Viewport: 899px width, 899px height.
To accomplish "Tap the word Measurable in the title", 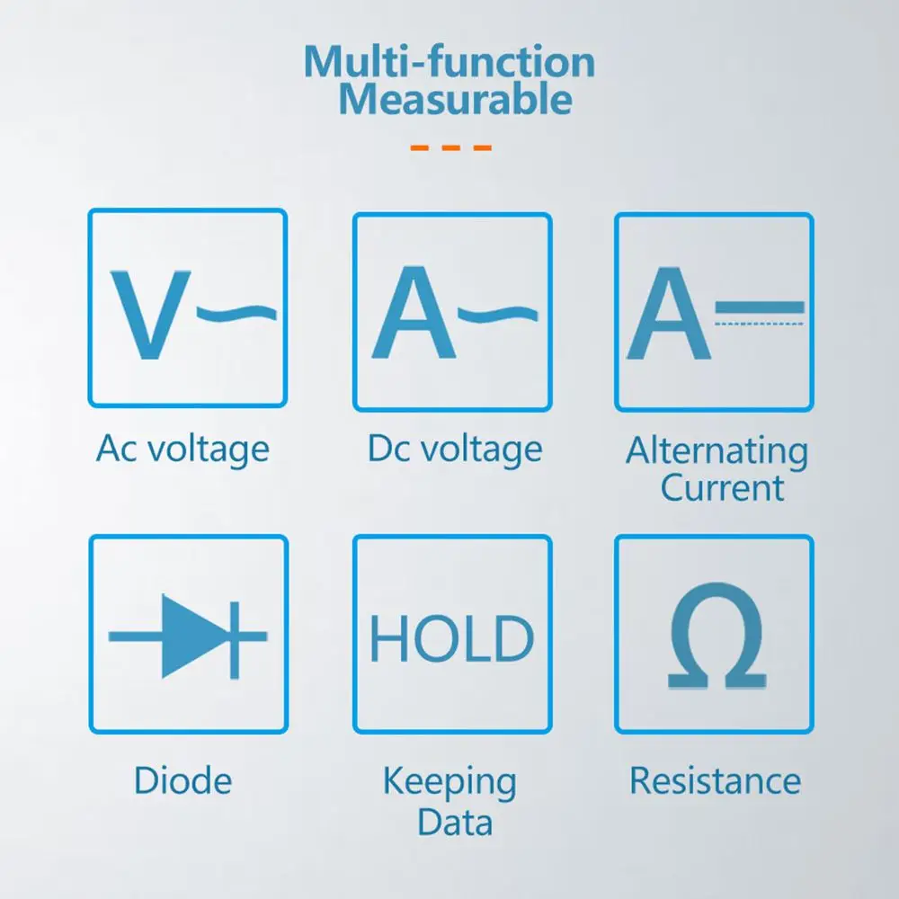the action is [455, 101].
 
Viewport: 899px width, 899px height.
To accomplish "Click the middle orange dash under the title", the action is [450, 147].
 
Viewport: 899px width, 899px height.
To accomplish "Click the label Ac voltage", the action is [182, 448].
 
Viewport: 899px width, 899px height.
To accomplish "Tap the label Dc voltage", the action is [455, 448].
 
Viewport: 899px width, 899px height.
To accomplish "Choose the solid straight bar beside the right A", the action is [760, 307].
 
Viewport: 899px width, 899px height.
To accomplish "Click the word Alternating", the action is [717, 450].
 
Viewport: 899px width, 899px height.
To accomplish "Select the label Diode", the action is [182, 779].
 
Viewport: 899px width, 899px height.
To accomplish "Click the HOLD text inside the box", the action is [451, 638].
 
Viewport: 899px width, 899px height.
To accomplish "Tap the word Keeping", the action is [449, 782].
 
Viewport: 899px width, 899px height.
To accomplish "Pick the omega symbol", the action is [717, 636].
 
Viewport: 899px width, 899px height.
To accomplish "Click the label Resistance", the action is [715, 780].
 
